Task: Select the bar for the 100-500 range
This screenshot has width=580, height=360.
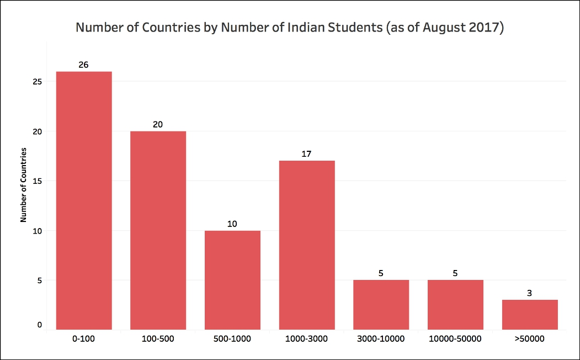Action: (x=158, y=230)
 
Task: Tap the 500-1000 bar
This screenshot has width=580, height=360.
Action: (x=232, y=280)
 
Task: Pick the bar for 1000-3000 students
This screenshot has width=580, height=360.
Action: (x=307, y=245)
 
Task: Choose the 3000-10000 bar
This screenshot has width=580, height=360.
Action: (x=381, y=305)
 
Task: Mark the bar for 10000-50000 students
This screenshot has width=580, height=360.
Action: (x=455, y=305)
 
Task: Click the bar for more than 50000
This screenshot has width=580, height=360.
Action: (x=530, y=315)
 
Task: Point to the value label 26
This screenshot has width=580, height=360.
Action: (x=84, y=65)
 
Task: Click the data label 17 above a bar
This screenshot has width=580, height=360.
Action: (x=307, y=154)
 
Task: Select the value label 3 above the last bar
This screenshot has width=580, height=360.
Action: (x=530, y=293)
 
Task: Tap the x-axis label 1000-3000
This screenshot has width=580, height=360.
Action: (x=307, y=338)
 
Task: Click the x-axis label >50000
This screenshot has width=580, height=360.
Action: (x=530, y=338)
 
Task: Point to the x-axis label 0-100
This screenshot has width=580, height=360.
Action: (x=84, y=338)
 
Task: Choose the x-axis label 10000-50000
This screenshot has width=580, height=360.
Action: (x=455, y=338)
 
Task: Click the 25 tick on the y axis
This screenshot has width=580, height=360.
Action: (x=37, y=82)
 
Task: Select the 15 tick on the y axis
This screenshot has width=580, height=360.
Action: (x=37, y=181)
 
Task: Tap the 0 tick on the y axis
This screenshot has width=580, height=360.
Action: (x=39, y=325)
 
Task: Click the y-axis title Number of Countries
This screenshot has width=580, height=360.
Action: (x=24, y=184)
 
